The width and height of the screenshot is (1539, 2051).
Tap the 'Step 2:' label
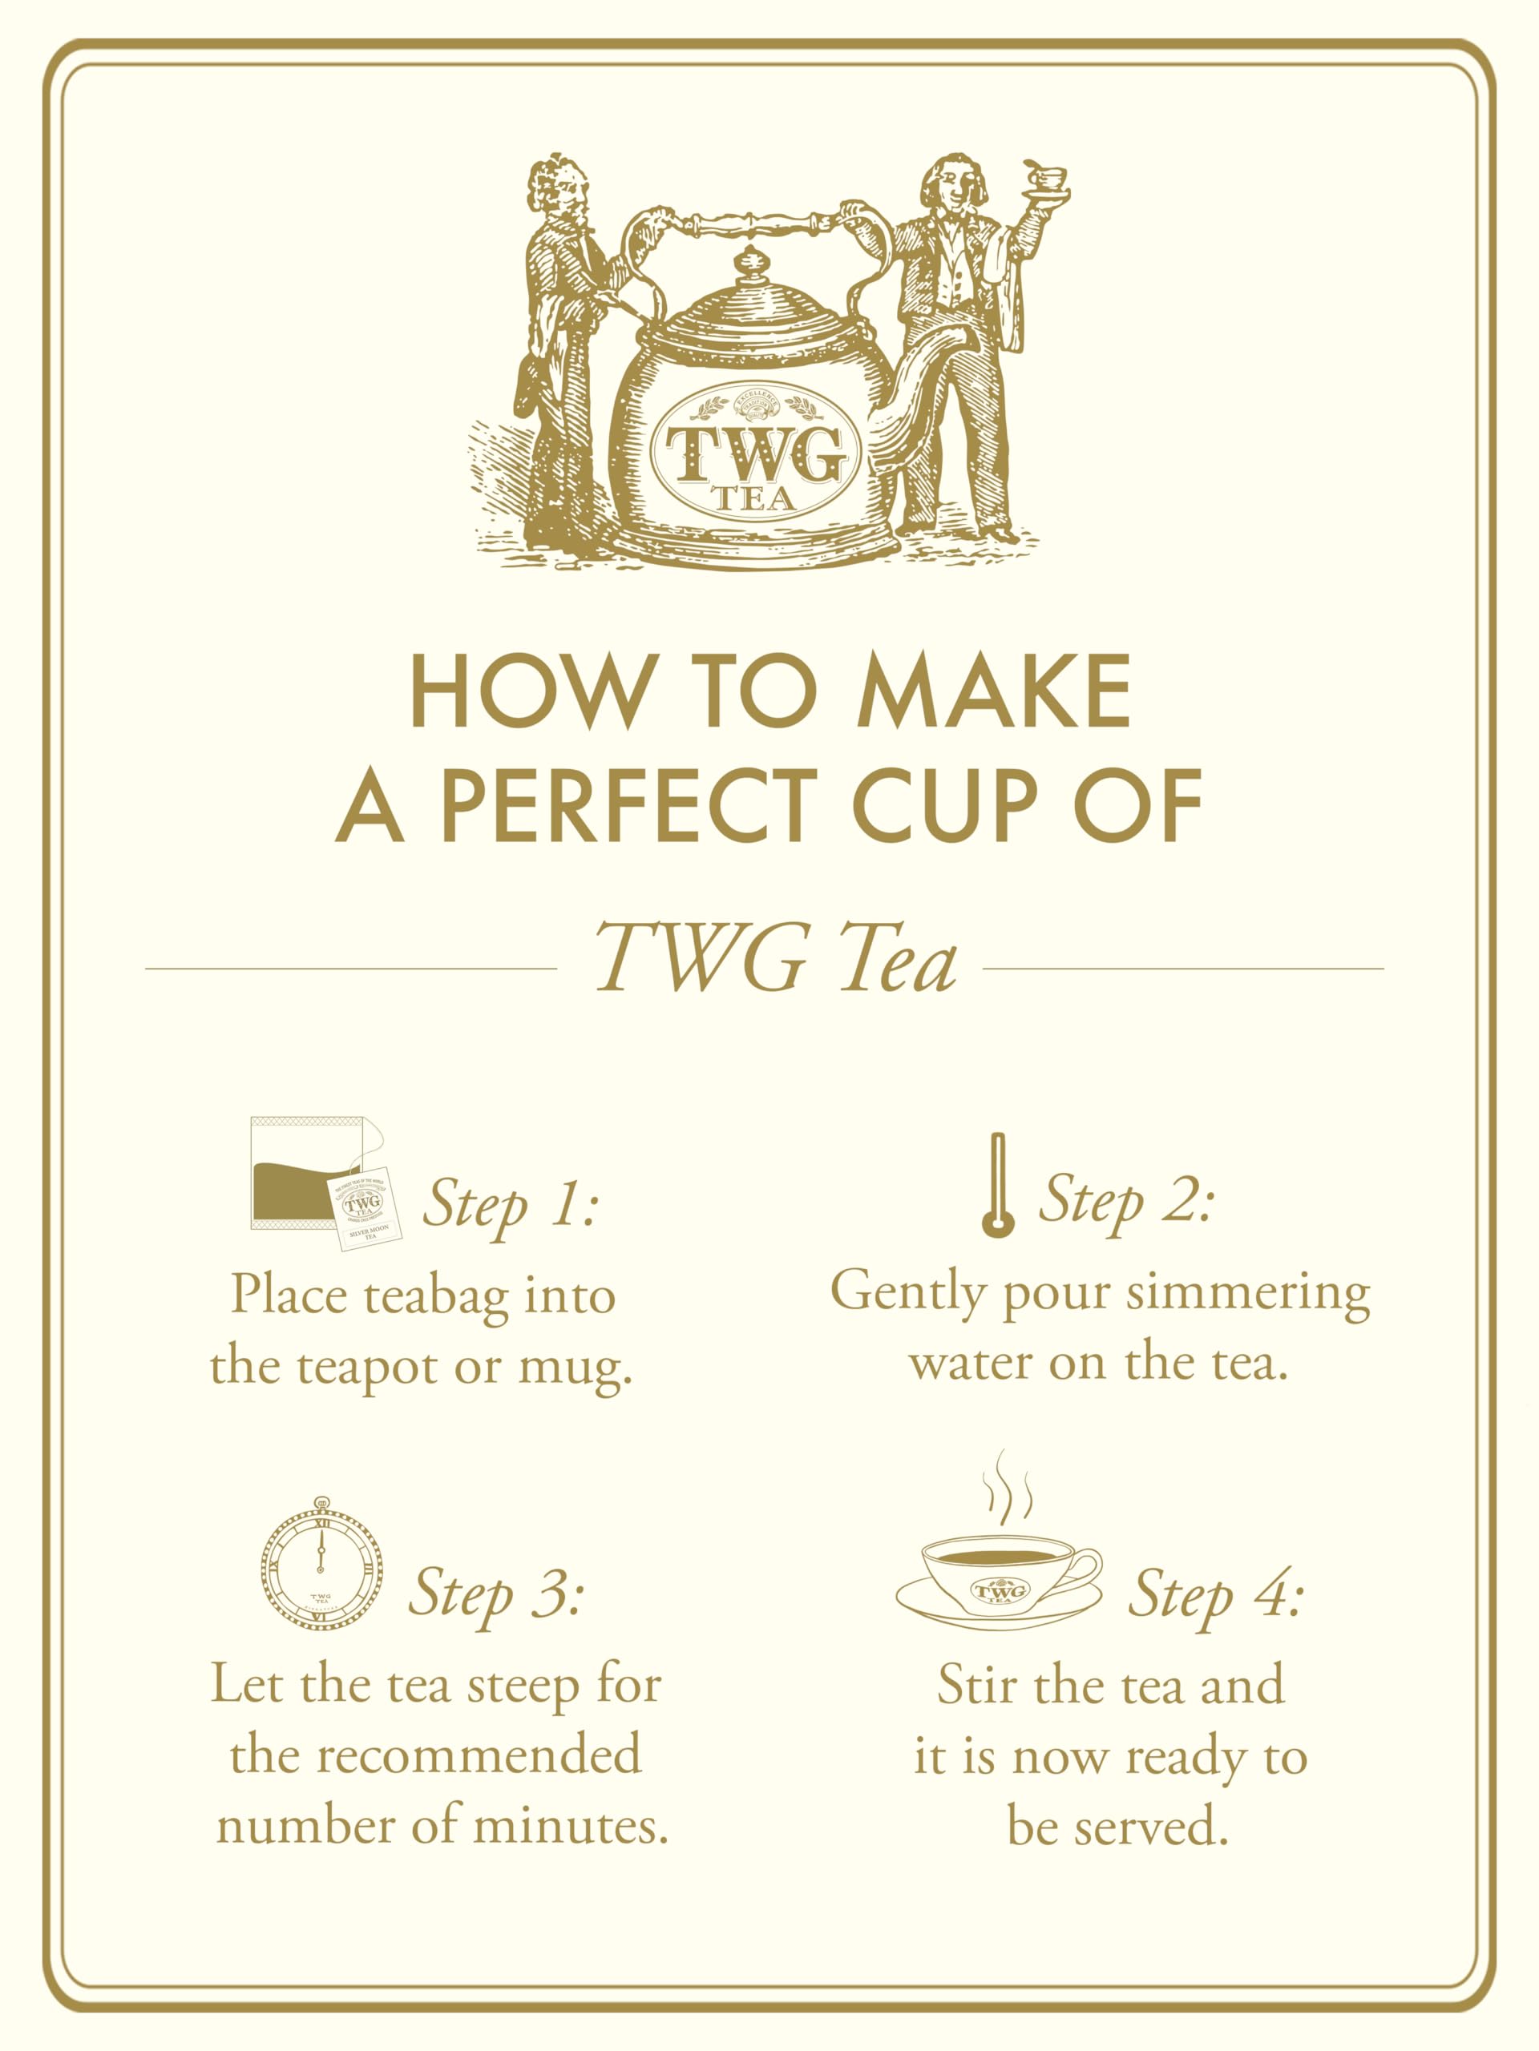point(1125,1203)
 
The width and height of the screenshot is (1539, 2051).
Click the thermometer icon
point(997,1184)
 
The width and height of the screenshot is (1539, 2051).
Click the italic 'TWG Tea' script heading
point(776,959)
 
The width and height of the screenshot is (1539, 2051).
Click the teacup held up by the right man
point(1046,179)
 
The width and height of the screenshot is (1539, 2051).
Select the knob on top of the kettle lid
point(749,264)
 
